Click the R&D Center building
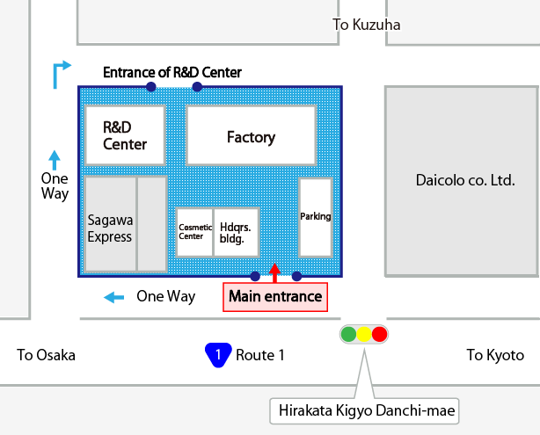click(x=124, y=135)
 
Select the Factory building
click(x=251, y=136)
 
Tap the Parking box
click(x=315, y=216)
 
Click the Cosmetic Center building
click(x=194, y=232)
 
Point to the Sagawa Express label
click(x=110, y=229)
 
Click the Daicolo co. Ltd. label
click(x=464, y=180)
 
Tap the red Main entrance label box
click(x=275, y=296)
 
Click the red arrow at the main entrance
click(x=275, y=272)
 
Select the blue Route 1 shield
click(x=217, y=355)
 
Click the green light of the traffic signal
click(x=348, y=334)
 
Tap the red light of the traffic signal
click(x=379, y=334)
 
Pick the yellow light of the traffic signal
click(x=364, y=334)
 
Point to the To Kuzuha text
click(x=367, y=25)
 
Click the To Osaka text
click(x=47, y=355)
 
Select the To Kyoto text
click(x=494, y=355)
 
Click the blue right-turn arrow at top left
click(x=61, y=74)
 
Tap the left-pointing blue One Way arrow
click(x=113, y=297)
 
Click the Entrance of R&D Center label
click(x=172, y=72)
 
